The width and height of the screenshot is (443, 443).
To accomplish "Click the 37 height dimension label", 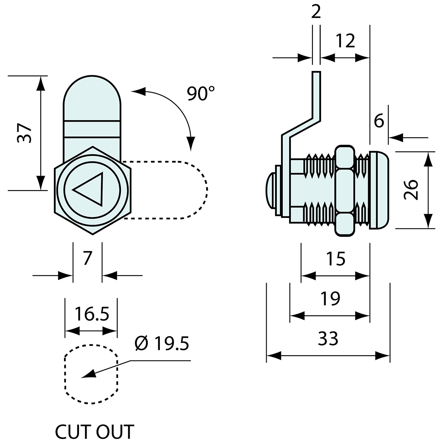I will point(24,133).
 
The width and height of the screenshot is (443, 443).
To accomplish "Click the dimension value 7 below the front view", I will point(87,258).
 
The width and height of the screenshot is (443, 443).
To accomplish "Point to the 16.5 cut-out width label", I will point(91,313).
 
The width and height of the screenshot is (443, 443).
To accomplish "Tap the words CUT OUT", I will point(94,432).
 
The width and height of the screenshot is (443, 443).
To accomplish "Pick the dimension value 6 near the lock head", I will point(379,120).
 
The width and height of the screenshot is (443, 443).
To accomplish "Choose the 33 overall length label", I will point(328,339).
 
